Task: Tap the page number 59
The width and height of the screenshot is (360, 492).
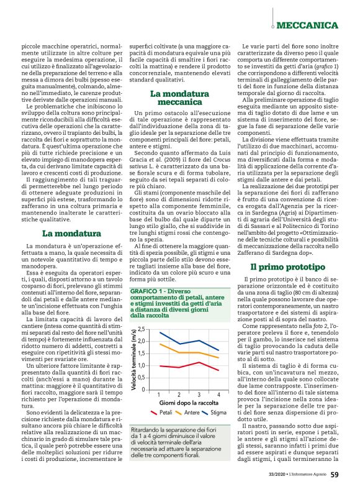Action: point(334,474)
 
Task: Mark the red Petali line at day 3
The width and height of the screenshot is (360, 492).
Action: point(198,362)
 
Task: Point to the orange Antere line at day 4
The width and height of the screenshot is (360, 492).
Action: point(217,357)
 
